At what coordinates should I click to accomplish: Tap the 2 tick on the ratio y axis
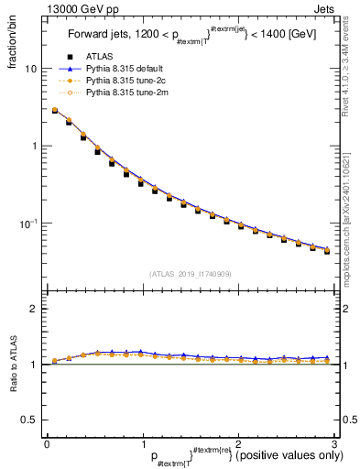tap(33, 309)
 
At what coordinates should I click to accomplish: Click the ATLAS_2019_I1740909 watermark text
tap(190, 273)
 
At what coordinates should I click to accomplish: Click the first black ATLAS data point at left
tap(55, 111)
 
